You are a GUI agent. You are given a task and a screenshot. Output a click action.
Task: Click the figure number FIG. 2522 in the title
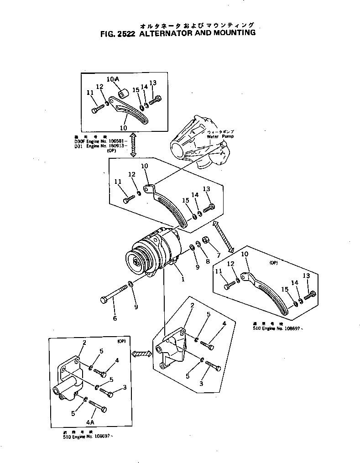pos(116,33)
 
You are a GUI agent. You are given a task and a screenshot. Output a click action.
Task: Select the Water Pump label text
pos(220,136)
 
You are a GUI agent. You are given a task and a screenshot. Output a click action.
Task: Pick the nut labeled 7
pos(205,239)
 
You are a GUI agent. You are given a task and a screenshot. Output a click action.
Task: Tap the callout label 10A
pos(113,79)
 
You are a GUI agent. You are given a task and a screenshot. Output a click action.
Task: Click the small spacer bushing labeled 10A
pos(122,94)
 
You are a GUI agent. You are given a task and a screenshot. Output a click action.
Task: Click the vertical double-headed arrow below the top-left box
pos(133,145)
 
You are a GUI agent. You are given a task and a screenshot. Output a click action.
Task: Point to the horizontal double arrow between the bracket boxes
pos(141,354)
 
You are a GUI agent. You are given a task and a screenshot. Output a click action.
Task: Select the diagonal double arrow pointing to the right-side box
pos(224,235)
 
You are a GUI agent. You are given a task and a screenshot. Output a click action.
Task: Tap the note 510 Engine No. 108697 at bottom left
pos(87,436)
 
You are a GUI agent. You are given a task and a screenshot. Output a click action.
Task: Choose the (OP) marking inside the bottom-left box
pos(121,341)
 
